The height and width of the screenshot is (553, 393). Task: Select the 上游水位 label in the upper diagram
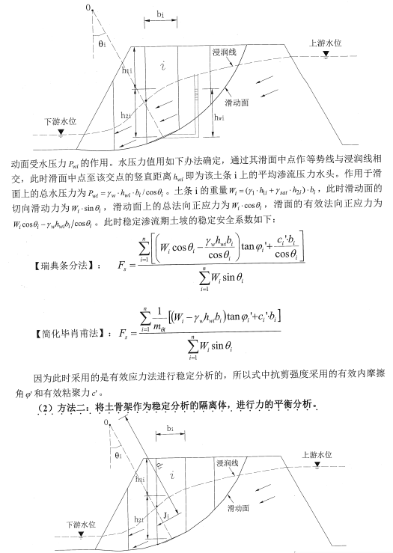pos(324,44)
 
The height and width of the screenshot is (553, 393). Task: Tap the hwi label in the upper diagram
pos(218,118)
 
